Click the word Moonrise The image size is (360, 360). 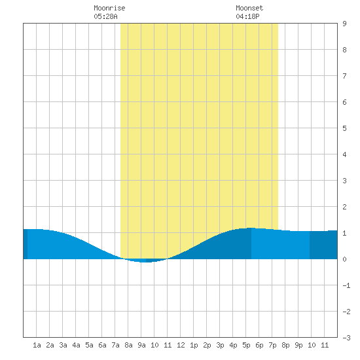tap(109, 8)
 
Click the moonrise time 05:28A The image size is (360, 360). tap(105, 16)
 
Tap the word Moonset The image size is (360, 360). tap(249, 8)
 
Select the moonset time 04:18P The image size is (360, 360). tap(247, 16)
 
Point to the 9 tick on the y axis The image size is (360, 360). tap(344, 24)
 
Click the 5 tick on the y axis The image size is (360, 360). tap(344, 128)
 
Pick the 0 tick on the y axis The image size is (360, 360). tap(344, 259)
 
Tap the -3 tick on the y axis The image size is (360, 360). tap(347, 338)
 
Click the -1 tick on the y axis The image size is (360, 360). tap(347, 285)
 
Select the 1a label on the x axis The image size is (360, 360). tap(37, 345)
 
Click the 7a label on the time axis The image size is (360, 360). tap(115, 345)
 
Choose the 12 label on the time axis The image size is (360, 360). tap(181, 345)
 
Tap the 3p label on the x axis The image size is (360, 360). tap(220, 345)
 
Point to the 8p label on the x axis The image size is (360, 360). tap(285, 345)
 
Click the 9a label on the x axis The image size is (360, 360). tap(141, 345)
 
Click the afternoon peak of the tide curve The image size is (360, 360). tap(251, 228)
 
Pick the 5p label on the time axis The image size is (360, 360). tap(246, 345)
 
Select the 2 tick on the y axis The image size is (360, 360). tap(344, 207)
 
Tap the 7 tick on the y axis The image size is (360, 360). tap(344, 76)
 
